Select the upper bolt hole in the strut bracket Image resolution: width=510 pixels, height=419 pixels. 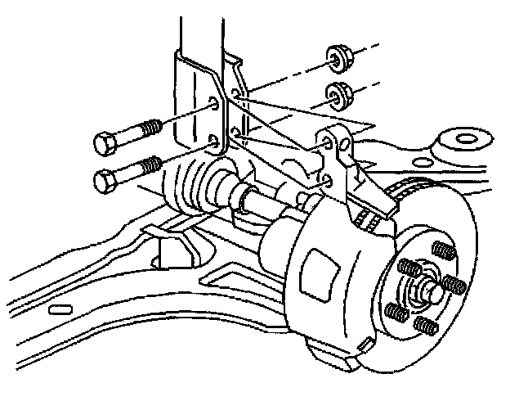[x=215, y=105]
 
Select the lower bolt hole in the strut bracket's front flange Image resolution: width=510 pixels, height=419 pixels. [x=215, y=142]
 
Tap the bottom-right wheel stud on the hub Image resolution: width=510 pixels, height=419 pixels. [x=425, y=324]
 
